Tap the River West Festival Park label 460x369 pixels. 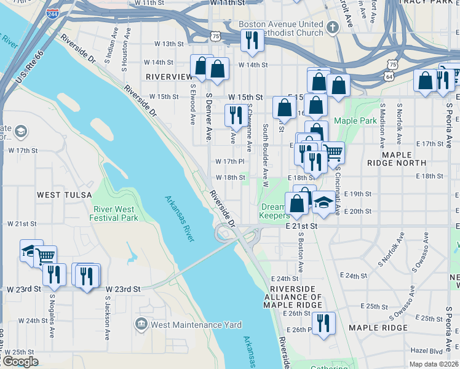pos(113,213)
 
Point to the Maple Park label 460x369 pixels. pos(355,121)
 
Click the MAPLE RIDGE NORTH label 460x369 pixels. pos(396,158)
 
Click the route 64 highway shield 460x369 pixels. pos(389,76)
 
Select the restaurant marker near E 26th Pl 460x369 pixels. pos(323,323)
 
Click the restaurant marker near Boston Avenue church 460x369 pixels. pos(253,40)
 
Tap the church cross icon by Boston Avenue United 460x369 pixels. pos(333,27)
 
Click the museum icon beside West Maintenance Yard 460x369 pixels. pos(141,324)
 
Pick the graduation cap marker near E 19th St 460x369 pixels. pos(322,202)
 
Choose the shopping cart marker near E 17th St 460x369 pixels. pos(333,152)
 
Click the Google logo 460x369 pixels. pos(20,362)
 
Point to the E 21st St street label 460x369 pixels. pos(301,226)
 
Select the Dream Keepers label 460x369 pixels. pos(274,211)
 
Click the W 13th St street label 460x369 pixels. pos(169,44)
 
